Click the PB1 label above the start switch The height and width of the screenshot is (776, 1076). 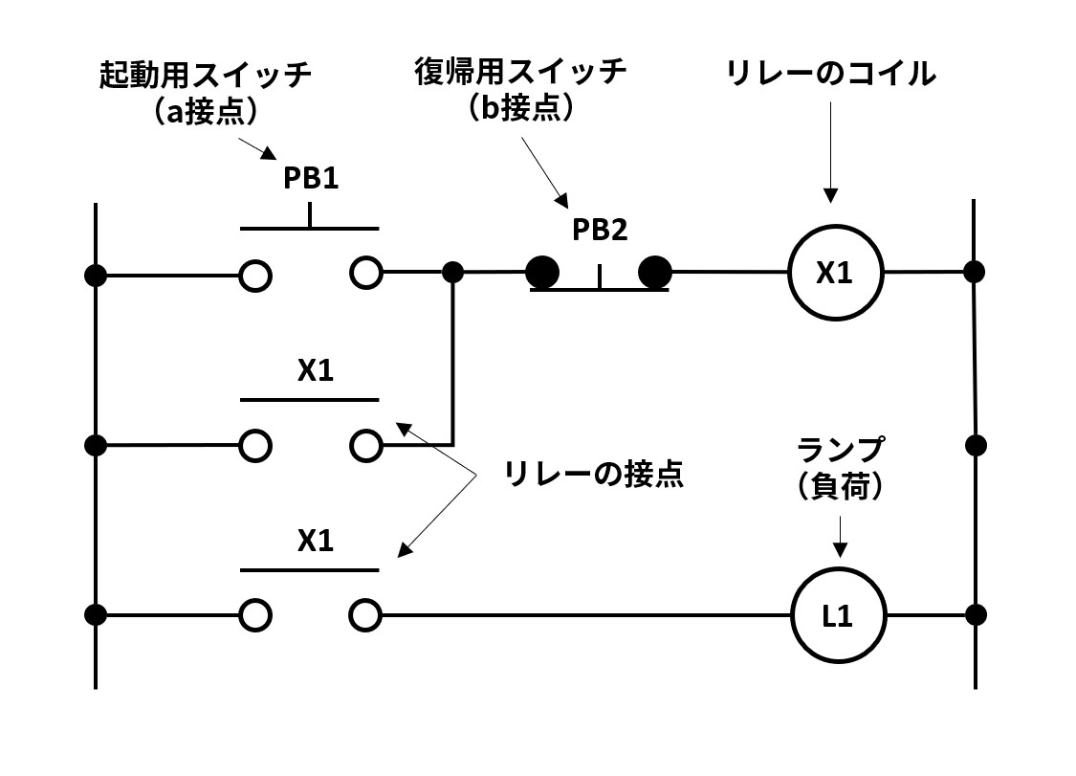[x=310, y=180]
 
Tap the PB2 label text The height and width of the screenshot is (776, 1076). [x=600, y=230]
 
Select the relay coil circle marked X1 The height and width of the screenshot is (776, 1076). [x=834, y=273]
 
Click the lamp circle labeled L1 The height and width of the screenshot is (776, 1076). [x=837, y=615]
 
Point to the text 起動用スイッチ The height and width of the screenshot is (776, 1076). [x=207, y=77]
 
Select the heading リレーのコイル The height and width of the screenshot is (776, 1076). [x=831, y=74]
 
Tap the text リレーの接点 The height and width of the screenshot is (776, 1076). [x=595, y=475]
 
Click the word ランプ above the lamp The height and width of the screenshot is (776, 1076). [x=841, y=449]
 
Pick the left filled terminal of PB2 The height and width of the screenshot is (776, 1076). [x=542, y=273]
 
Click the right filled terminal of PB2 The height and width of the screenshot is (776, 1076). [x=655, y=273]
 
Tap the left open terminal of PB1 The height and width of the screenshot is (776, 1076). [x=254, y=275]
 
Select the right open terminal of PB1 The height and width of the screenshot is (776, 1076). [x=365, y=273]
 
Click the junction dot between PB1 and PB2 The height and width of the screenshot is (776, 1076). [x=453, y=273]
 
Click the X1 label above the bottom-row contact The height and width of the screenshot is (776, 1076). [x=315, y=542]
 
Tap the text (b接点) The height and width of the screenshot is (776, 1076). [x=520, y=107]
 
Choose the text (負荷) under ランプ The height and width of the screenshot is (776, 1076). [x=840, y=486]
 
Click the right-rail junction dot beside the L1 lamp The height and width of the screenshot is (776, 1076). [x=975, y=613]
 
